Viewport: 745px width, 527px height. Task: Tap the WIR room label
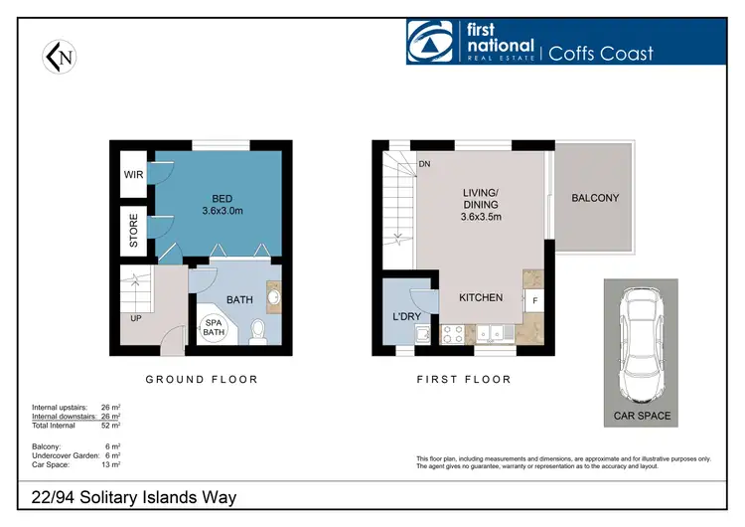point(134,174)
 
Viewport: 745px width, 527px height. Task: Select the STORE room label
point(134,227)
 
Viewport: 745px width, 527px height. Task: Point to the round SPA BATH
point(214,327)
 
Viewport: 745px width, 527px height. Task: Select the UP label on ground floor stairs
point(133,318)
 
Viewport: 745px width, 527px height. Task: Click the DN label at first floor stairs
point(424,164)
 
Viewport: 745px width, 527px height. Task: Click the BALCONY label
point(595,198)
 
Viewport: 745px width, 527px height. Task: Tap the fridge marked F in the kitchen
point(534,299)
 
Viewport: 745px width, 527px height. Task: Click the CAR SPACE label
point(641,416)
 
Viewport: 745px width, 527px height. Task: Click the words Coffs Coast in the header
point(601,51)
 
